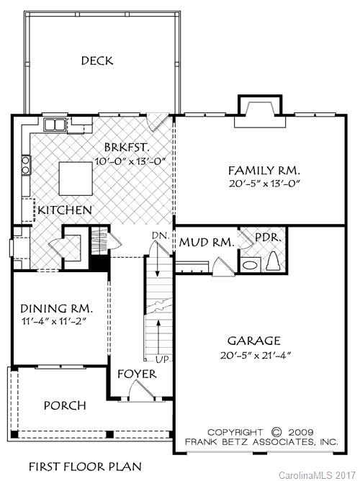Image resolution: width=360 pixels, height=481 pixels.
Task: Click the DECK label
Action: (96, 61)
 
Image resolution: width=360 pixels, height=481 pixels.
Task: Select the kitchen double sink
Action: (55, 125)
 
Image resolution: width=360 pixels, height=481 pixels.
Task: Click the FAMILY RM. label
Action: (264, 171)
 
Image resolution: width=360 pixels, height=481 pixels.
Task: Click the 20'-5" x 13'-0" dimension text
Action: (264, 184)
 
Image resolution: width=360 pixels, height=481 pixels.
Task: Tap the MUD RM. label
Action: (207, 243)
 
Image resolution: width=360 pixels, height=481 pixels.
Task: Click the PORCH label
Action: (65, 405)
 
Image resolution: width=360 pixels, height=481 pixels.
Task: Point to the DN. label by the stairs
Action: (160, 236)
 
